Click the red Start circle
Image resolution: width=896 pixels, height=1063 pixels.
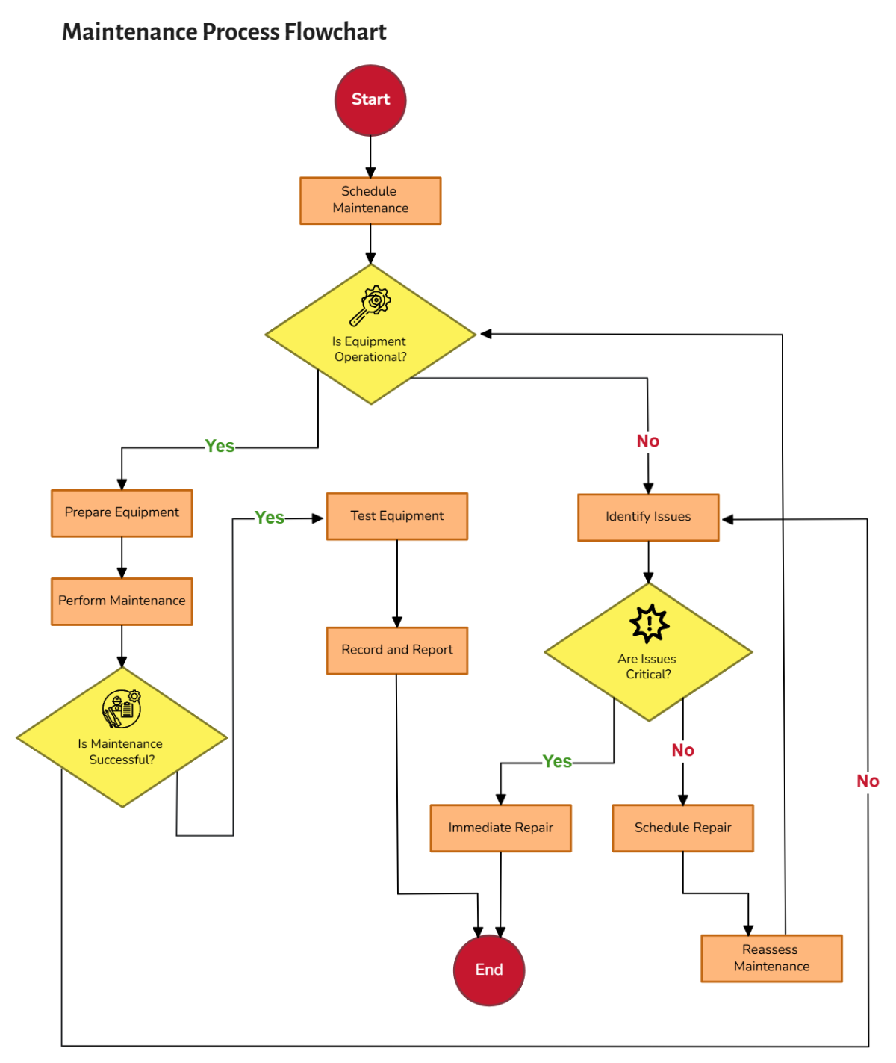pyautogui.click(x=370, y=100)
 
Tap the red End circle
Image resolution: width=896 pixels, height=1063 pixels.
pyautogui.click(x=489, y=970)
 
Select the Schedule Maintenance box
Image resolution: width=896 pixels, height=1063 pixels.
pyautogui.click(x=370, y=200)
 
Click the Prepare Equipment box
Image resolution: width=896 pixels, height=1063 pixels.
pyautogui.click(x=122, y=513)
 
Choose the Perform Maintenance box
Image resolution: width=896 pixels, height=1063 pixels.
pyautogui.click(x=122, y=601)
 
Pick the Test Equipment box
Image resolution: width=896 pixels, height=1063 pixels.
pyautogui.click(x=397, y=516)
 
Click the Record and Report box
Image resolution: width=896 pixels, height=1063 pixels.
pyautogui.click(x=397, y=651)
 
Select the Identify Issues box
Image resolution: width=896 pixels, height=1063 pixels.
pyautogui.click(x=648, y=517)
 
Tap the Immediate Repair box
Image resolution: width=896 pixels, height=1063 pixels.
pyautogui.click(x=500, y=828)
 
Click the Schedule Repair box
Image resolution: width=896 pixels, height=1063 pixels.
pyautogui.click(x=682, y=828)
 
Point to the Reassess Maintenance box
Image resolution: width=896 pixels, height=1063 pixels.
pyautogui.click(x=771, y=958)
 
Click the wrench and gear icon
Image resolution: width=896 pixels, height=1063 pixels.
pyautogui.click(x=370, y=306)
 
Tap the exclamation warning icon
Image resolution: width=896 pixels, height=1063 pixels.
pyautogui.click(x=649, y=624)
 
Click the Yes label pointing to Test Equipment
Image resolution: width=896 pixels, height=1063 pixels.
pyautogui.click(x=269, y=518)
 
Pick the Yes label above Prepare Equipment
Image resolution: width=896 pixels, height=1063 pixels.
pyautogui.click(x=220, y=446)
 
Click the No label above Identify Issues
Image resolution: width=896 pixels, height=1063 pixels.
pyautogui.click(x=648, y=441)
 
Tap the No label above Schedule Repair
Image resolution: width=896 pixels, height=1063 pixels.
pyautogui.click(x=682, y=750)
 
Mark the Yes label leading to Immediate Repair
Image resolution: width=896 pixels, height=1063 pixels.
pyautogui.click(x=557, y=761)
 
